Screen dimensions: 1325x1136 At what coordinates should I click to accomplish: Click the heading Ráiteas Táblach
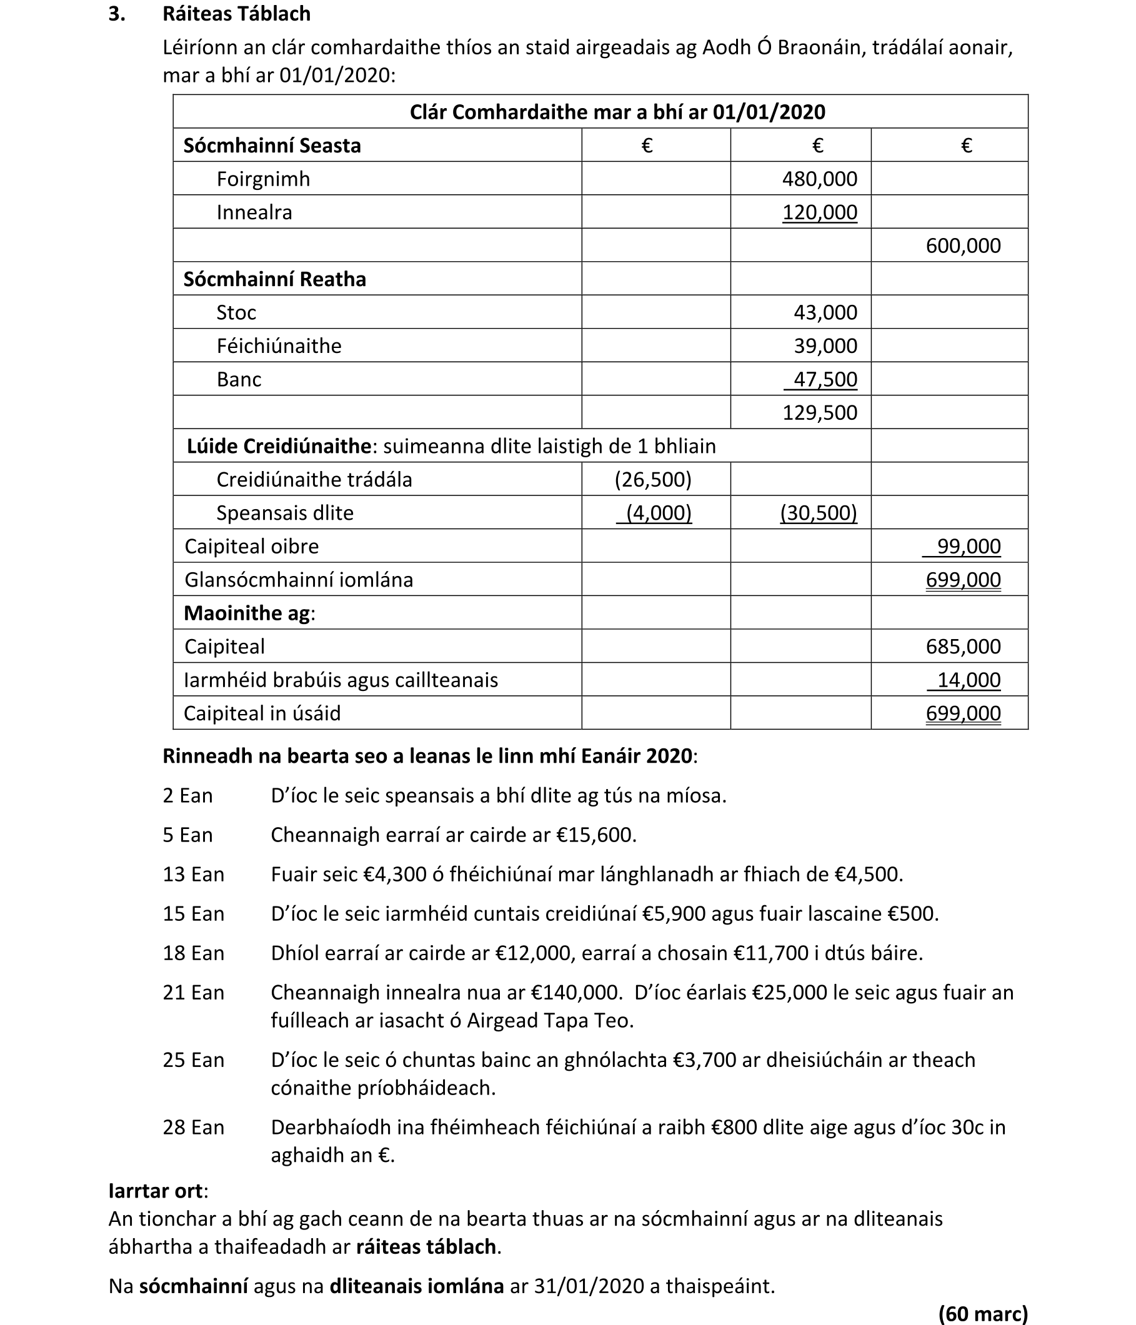coord(236,14)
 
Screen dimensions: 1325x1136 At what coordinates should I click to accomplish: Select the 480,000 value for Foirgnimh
coord(819,179)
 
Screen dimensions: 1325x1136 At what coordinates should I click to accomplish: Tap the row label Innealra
coord(254,212)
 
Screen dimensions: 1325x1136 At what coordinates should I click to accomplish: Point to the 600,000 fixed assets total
coord(963,246)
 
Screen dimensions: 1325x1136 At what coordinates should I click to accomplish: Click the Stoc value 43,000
coord(825,313)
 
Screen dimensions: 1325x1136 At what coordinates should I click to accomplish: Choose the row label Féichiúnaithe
coord(279,346)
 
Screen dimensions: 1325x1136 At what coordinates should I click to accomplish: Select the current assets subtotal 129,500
coord(819,412)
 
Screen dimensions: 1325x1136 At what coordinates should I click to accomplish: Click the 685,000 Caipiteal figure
coord(963,647)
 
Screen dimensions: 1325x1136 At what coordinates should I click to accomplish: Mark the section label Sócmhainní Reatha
coord(274,279)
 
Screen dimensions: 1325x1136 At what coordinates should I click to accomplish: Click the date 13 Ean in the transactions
coord(193,874)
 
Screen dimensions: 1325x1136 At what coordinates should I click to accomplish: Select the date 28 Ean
coord(193,1127)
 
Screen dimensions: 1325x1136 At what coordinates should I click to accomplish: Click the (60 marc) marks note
coord(982,1314)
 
